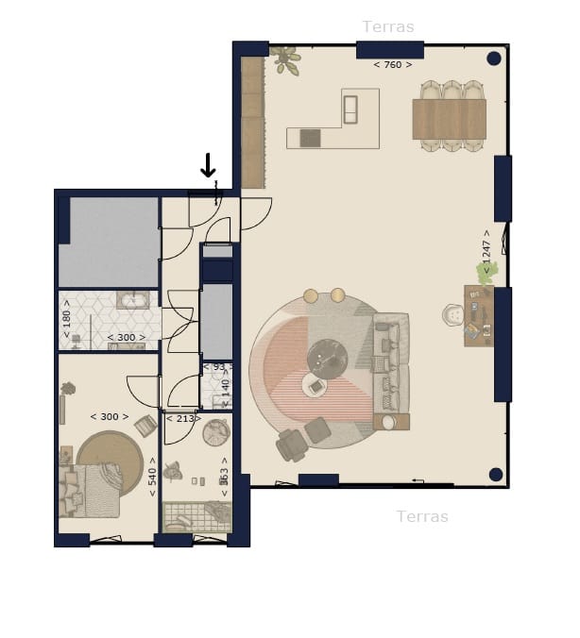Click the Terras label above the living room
pyautogui.click(x=388, y=27)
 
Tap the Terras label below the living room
pyautogui.click(x=422, y=516)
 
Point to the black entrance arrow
pyautogui.click(x=208, y=167)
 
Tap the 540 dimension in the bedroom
pyautogui.click(x=152, y=477)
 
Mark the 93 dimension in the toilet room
pyautogui.click(x=219, y=367)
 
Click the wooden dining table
pyautogui.click(x=450, y=119)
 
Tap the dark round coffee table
pyautogui.click(x=330, y=355)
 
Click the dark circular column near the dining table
pyautogui.click(x=493, y=59)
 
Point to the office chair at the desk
pyautogui.click(x=454, y=315)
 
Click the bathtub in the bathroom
pyautogui.click(x=133, y=301)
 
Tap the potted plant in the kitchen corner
pyautogui.click(x=284, y=60)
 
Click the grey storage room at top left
pyautogui.click(x=108, y=241)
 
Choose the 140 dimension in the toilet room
pyautogui.click(x=226, y=386)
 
